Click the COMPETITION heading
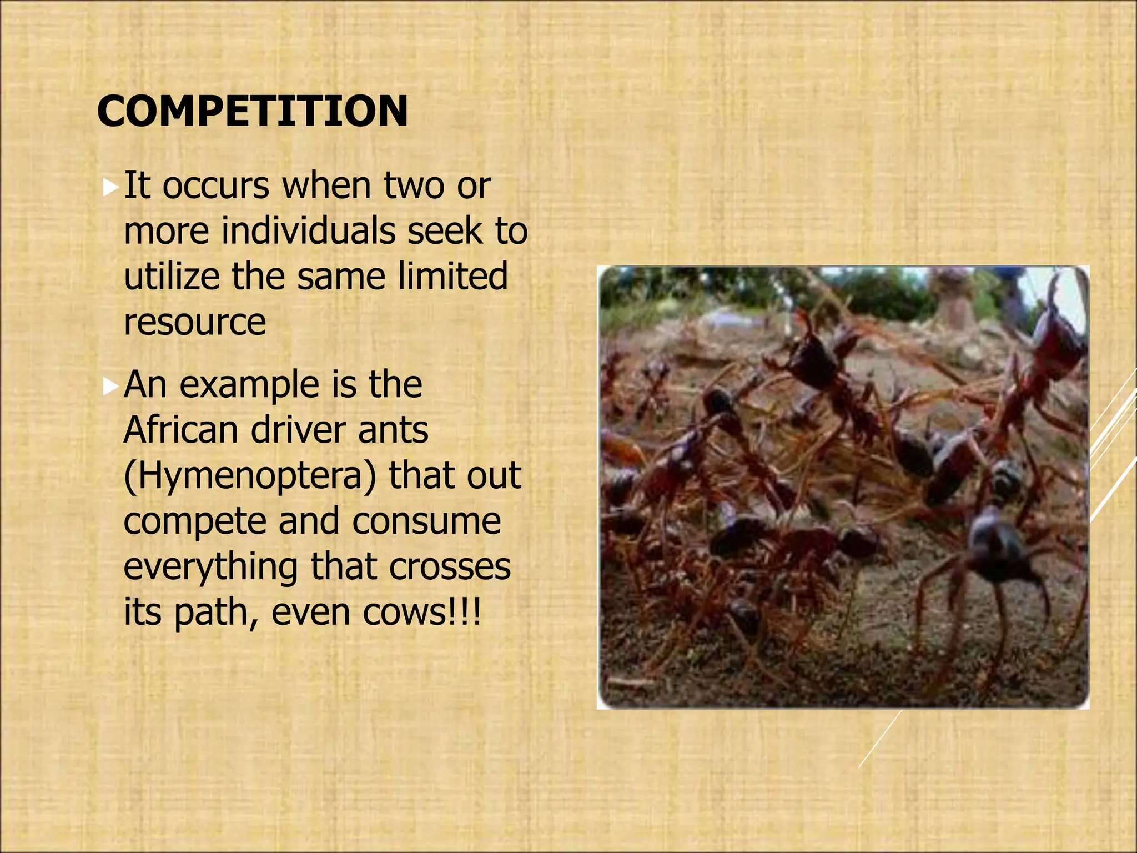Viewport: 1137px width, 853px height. point(253,111)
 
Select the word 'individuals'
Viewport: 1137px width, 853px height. point(308,230)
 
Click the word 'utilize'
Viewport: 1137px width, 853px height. point(172,276)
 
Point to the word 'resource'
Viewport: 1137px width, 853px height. point(195,322)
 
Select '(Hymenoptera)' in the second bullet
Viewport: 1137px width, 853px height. point(250,476)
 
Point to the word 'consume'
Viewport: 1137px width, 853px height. point(426,522)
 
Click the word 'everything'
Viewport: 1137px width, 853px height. point(210,568)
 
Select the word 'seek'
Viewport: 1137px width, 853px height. point(445,230)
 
